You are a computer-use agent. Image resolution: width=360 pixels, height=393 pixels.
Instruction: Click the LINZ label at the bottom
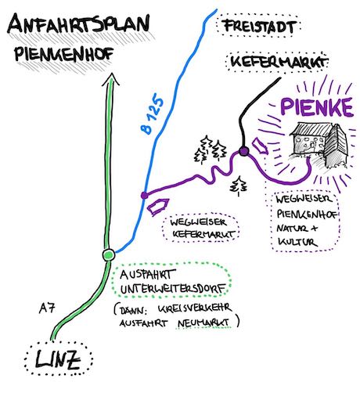pos(58,359)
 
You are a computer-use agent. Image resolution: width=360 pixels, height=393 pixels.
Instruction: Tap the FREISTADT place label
pos(260,27)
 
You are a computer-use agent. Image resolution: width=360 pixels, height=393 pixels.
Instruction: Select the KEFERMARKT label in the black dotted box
pos(278,62)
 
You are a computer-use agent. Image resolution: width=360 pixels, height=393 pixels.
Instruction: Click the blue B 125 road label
pos(152,116)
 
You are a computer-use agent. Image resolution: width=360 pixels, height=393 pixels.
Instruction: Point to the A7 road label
pos(47,308)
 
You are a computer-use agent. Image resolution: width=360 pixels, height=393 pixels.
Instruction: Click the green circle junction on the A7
pos(109,254)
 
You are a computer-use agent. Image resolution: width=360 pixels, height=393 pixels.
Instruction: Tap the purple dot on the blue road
pos(144,195)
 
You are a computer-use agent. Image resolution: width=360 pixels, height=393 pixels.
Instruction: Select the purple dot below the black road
pos(244,151)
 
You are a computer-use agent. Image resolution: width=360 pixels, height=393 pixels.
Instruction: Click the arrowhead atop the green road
pos(111,79)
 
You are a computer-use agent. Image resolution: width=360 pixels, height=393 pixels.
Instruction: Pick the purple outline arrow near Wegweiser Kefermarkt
pos(158,207)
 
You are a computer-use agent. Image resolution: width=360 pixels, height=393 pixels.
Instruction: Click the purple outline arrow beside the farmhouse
pos(260,146)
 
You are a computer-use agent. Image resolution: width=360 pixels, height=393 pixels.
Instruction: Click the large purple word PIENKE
pos(317,107)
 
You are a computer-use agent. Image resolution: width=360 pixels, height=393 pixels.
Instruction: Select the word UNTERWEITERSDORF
pos(173,289)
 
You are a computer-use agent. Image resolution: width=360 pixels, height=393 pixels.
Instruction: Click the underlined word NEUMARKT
pos(203,322)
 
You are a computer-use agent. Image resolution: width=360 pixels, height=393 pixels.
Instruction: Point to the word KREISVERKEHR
pos(195,308)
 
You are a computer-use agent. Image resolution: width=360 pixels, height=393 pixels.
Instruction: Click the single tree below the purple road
pos(239,186)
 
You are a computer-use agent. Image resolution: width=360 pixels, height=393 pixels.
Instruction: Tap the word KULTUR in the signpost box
pos(297,242)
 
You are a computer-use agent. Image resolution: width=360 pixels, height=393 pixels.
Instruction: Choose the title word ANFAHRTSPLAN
pos(79,24)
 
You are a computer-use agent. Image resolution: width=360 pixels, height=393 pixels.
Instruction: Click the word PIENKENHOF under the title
pos(64,54)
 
